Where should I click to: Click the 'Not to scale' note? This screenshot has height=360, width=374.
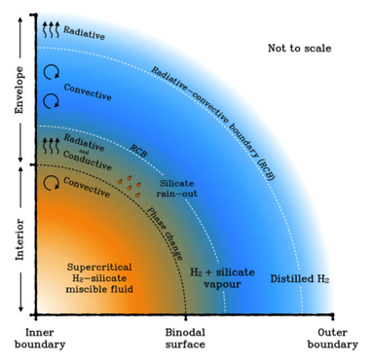299,49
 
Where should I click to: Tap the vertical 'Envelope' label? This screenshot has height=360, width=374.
19,90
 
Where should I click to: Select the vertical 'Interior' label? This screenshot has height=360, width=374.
19,239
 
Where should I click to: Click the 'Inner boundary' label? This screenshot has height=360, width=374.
40,339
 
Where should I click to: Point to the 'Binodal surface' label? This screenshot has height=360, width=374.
185,339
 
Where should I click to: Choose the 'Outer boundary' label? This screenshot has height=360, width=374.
332,339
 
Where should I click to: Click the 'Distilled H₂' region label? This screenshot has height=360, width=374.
300,278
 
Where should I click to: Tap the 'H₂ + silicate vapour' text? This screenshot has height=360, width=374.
222,278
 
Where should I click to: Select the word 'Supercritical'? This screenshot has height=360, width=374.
99,267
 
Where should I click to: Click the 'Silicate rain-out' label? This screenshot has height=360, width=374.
176,189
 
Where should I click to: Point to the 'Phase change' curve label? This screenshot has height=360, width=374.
165,234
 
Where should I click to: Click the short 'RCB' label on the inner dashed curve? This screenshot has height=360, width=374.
138,151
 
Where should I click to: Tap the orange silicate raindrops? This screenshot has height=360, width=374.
130,186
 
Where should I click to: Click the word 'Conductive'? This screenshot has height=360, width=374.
88,161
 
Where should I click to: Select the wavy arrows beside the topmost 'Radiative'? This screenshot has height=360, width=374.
52,29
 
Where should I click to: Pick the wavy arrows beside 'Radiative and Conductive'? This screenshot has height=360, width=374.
52,146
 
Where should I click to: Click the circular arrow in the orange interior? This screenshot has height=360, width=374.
52,183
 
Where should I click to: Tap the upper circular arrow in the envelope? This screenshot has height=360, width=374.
52,72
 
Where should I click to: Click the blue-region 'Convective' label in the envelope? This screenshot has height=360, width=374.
88,92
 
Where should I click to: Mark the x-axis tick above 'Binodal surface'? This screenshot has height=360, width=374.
186,317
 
